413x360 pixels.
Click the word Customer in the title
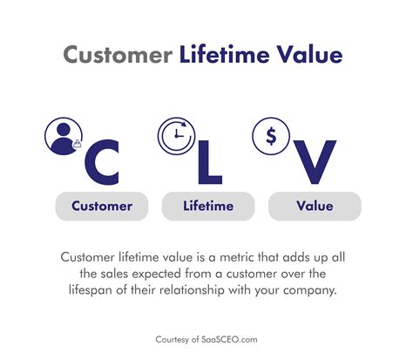pyautogui.click(x=118, y=54)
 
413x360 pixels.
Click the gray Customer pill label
pyautogui.click(x=102, y=207)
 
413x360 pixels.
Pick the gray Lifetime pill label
pyautogui.click(x=209, y=207)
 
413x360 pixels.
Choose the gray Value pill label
pyautogui.click(x=315, y=207)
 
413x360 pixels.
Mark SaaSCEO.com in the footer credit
pyautogui.click(x=229, y=338)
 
